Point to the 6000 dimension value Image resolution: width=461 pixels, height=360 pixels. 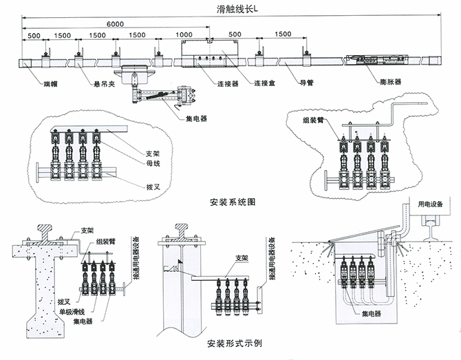click(115, 24)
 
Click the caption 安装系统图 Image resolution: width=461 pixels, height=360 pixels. click(232, 203)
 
